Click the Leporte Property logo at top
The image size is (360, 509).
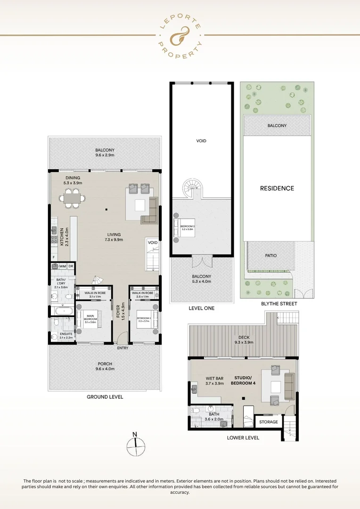click(x=180, y=35)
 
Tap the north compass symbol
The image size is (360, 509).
click(x=135, y=444)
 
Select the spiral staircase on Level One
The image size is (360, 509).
click(x=192, y=189)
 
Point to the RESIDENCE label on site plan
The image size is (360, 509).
click(x=277, y=188)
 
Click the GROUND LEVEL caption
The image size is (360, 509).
click(x=105, y=397)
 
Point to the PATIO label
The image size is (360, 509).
click(x=270, y=255)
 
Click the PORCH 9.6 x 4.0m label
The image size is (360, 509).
click(x=105, y=366)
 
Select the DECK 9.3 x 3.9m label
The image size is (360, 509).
click(x=243, y=339)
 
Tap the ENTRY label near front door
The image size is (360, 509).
click(x=123, y=348)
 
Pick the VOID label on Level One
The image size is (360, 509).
click(x=201, y=140)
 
